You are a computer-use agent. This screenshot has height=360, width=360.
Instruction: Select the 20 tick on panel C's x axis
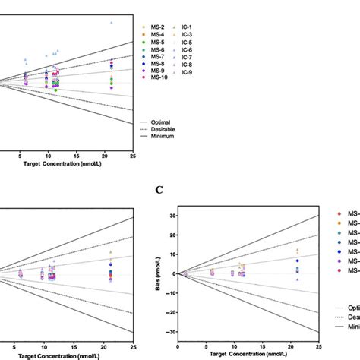click(292, 347)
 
